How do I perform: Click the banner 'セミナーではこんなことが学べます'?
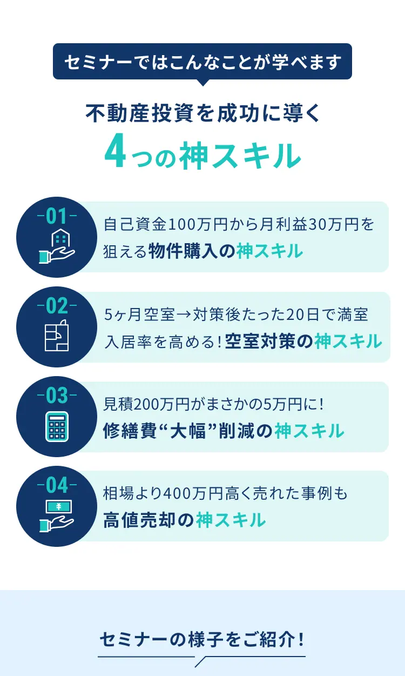(x=202, y=62)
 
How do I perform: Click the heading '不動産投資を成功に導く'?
(x=202, y=113)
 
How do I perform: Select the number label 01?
(x=57, y=216)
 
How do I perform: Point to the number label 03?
(x=57, y=396)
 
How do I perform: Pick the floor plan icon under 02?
(x=57, y=335)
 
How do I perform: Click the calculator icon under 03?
(x=57, y=426)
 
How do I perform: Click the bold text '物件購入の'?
(x=192, y=251)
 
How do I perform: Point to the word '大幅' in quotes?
(x=188, y=431)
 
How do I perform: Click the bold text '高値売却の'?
(x=148, y=520)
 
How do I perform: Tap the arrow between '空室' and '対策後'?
(x=184, y=314)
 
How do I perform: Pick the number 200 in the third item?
(x=146, y=404)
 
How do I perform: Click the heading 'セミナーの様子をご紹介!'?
(x=202, y=639)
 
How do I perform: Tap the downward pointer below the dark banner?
(x=202, y=82)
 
